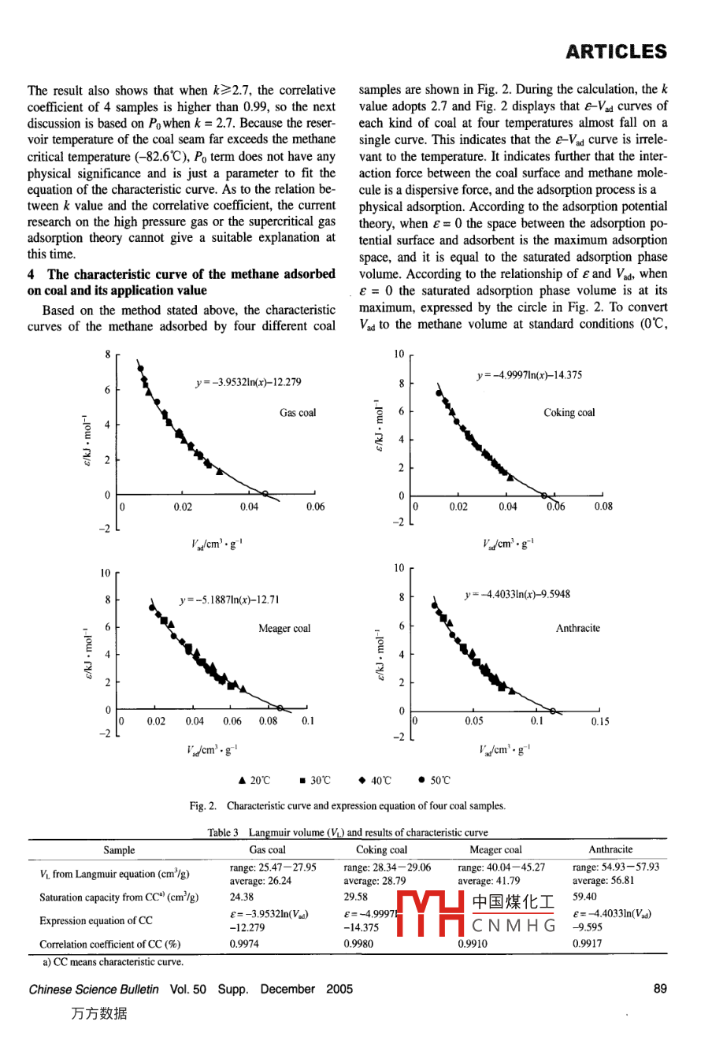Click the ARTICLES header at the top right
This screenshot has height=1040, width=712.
pos(616,52)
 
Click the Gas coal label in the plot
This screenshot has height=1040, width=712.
pos(298,412)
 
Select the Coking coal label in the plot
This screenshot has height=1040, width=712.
pos(569,412)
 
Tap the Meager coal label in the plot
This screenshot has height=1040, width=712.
pos(284,628)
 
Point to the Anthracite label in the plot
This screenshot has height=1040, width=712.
pos(577,628)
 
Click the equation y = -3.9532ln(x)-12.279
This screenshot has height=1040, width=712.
pos(248,382)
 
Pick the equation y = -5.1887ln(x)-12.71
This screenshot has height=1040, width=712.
pos(229,600)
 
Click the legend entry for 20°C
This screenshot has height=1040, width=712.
pos(254,780)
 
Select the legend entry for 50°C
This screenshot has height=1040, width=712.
pos(434,780)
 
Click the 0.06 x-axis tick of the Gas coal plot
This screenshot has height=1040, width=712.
pos(315,507)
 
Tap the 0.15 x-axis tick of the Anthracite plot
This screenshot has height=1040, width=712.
pos(599,721)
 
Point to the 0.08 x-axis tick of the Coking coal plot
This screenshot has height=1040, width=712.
pos(603,507)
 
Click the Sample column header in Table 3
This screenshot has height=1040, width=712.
pos(119,849)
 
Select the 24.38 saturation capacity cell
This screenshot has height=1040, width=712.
pos(242,897)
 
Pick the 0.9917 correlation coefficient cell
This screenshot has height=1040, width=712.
pos(588,943)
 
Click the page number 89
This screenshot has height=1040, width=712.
pos(660,989)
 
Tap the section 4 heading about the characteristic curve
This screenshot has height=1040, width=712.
pos(181,282)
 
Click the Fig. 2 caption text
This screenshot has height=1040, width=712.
pos(347,805)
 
